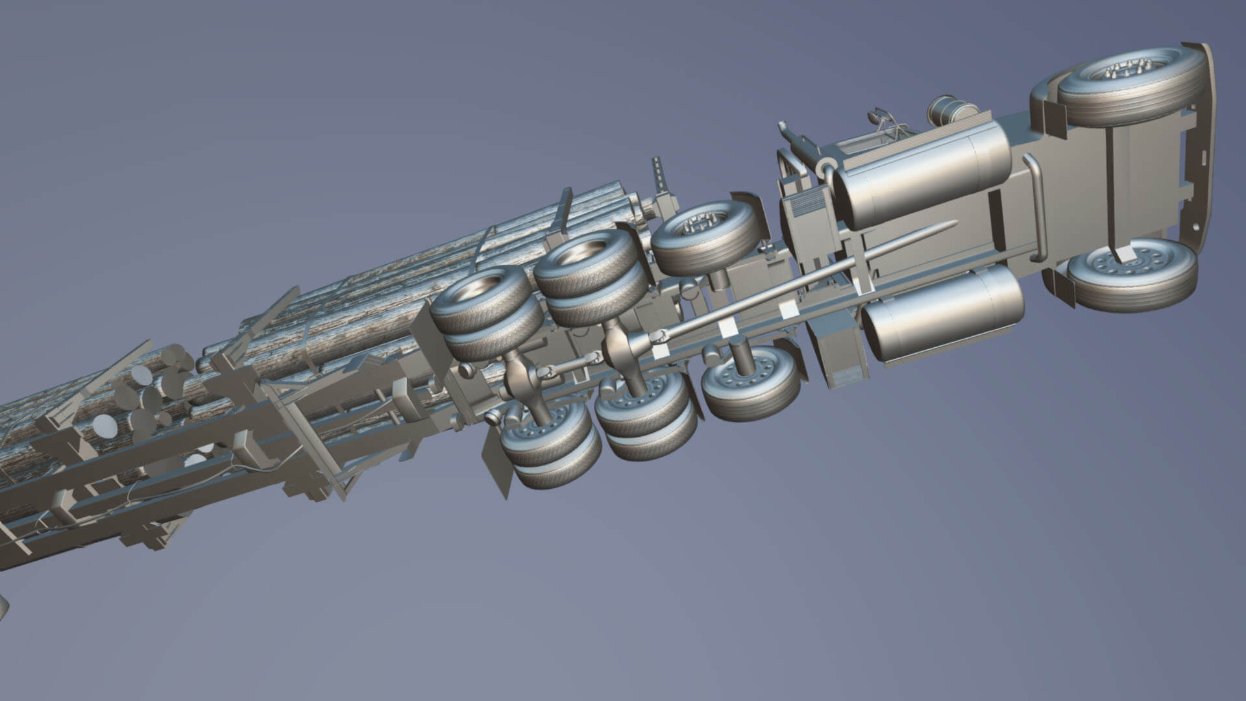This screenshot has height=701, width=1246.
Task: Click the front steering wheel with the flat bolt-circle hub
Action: [x=1132, y=273]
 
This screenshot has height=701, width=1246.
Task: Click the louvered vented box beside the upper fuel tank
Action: [x=805, y=208]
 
